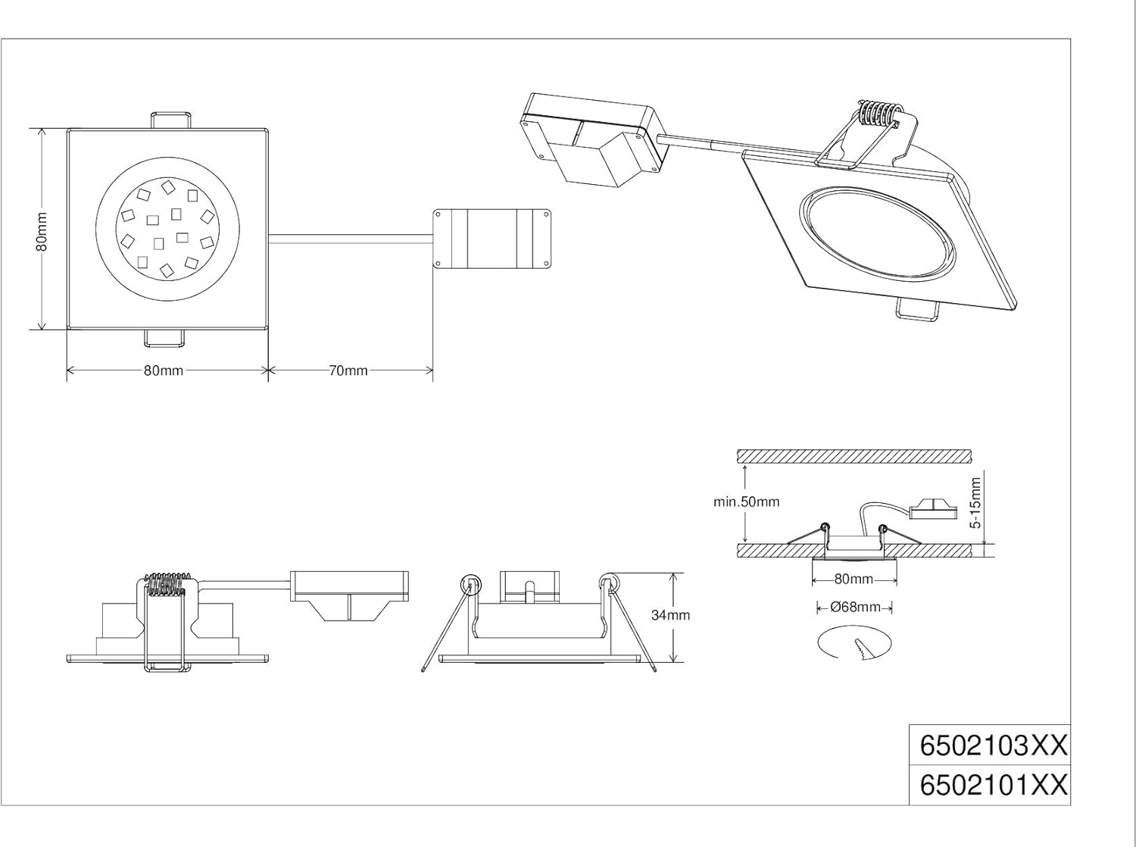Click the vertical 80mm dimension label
point(42,231)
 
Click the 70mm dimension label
point(348,370)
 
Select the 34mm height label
point(671,615)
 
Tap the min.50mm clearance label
point(746,502)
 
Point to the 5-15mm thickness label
point(975,503)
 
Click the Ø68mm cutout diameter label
point(855,607)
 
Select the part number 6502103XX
point(993,745)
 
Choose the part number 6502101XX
point(993,785)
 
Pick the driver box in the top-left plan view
point(492,239)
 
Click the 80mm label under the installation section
point(854,579)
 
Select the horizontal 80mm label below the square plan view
point(164,370)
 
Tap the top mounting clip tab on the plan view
point(170,120)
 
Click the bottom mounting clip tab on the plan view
point(164,338)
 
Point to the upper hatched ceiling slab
point(854,456)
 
